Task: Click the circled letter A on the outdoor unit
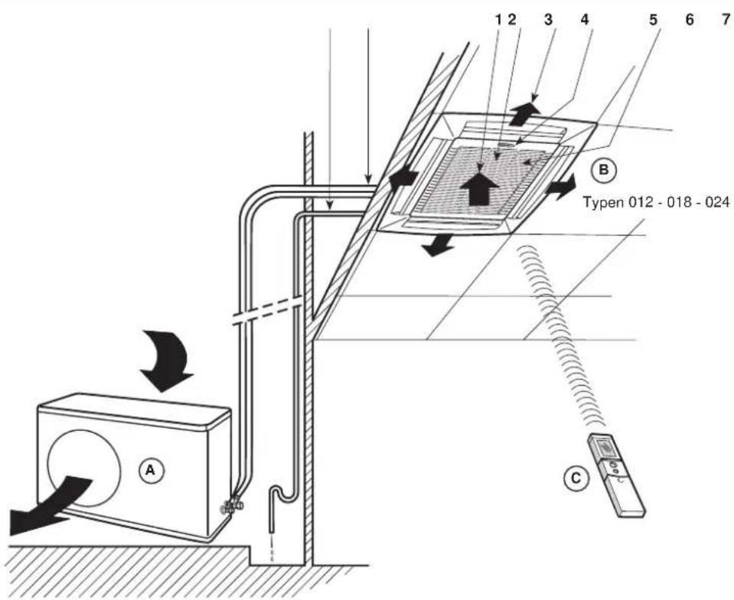(x=150, y=470)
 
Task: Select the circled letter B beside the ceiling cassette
(x=603, y=170)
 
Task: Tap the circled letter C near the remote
(x=576, y=478)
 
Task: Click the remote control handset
(x=616, y=474)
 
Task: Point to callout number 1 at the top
(x=498, y=19)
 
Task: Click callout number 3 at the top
(x=548, y=19)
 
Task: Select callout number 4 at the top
(x=584, y=19)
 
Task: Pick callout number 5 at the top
(x=654, y=20)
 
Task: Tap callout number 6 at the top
(x=689, y=20)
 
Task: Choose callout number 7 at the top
(x=726, y=20)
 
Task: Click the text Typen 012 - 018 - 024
(x=656, y=203)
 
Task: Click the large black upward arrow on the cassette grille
(x=479, y=187)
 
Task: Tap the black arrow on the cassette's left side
(x=403, y=178)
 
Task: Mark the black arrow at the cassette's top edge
(x=524, y=113)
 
